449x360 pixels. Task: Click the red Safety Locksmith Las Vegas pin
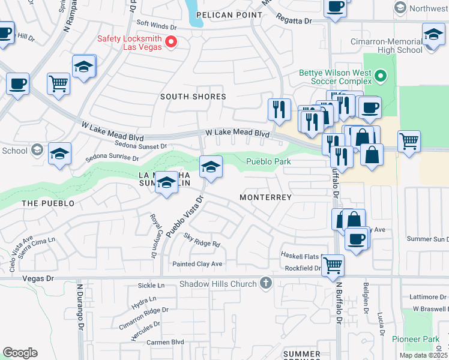[171, 41]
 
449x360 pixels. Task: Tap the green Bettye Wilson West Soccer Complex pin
[380, 76]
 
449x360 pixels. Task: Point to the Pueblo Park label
[268, 161]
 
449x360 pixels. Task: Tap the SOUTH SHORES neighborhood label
[193, 97]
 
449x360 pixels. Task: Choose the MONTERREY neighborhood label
[265, 197]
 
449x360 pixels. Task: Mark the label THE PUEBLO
[48, 203]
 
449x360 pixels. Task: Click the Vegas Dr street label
[35, 278]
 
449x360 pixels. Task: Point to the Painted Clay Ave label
[197, 264]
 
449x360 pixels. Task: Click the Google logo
[20, 352]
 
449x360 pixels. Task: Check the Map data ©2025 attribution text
[423, 355]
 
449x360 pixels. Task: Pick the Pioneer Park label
[416, 340]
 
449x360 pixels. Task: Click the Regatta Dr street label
[294, 20]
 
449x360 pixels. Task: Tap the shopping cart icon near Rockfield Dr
[333, 265]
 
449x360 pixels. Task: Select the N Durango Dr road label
[79, 306]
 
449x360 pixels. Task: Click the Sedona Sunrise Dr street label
[112, 158]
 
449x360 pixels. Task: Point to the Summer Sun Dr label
[428, 239]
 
